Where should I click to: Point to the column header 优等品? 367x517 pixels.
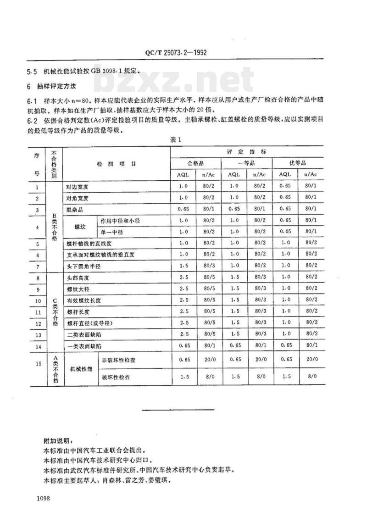point(298,162)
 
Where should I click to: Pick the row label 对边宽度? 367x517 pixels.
point(77,187)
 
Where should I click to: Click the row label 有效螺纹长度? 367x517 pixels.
point(83,300)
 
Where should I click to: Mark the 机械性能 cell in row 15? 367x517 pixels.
point(80,368)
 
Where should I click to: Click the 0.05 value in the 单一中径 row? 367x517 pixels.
point(285,233)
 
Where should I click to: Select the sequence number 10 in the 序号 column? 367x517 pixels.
point(37,300)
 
